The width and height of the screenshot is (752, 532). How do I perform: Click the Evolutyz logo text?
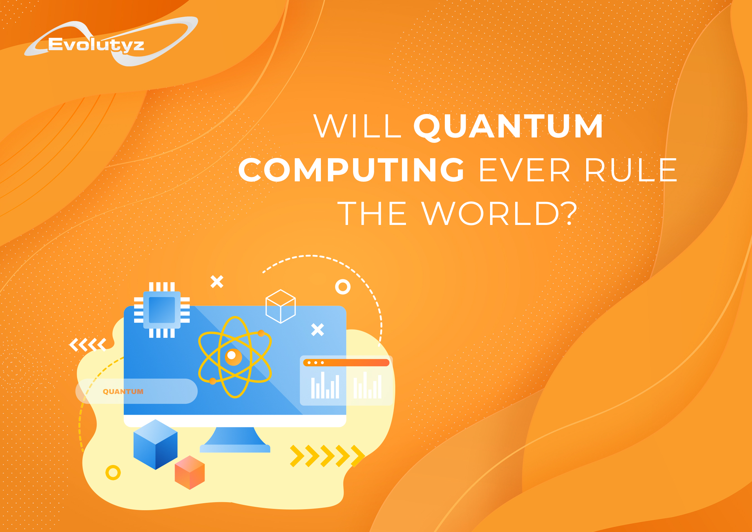[96, 45]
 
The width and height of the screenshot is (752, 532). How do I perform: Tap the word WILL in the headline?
[357, 126]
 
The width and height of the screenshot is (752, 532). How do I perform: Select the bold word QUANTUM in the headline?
[508, 126]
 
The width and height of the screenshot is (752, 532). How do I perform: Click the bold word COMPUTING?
[351, 170]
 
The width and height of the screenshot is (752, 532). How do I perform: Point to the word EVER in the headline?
[525, 170]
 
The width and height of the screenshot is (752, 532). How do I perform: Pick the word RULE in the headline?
[630, 170]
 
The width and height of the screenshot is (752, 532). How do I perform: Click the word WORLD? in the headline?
[499, 214]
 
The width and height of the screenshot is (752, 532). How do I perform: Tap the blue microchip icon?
[162, 310]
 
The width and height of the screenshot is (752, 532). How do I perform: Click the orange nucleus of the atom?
[233, 357]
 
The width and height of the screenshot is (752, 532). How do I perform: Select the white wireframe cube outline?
[280, 306]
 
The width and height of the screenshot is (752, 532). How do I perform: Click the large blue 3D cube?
[155, 444]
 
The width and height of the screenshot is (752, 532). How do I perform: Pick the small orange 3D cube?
[190, 472]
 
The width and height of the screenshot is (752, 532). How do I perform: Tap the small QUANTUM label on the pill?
[123, 392]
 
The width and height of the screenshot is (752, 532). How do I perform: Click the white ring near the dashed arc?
[343, 287]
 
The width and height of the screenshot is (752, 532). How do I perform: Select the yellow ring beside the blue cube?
[113, 473]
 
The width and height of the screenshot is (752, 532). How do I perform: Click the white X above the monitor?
[217, 282]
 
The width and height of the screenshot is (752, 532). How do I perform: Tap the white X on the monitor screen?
[318, 330]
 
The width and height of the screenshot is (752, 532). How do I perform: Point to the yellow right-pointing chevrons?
[327, 456]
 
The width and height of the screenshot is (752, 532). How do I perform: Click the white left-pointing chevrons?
[88, 345]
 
